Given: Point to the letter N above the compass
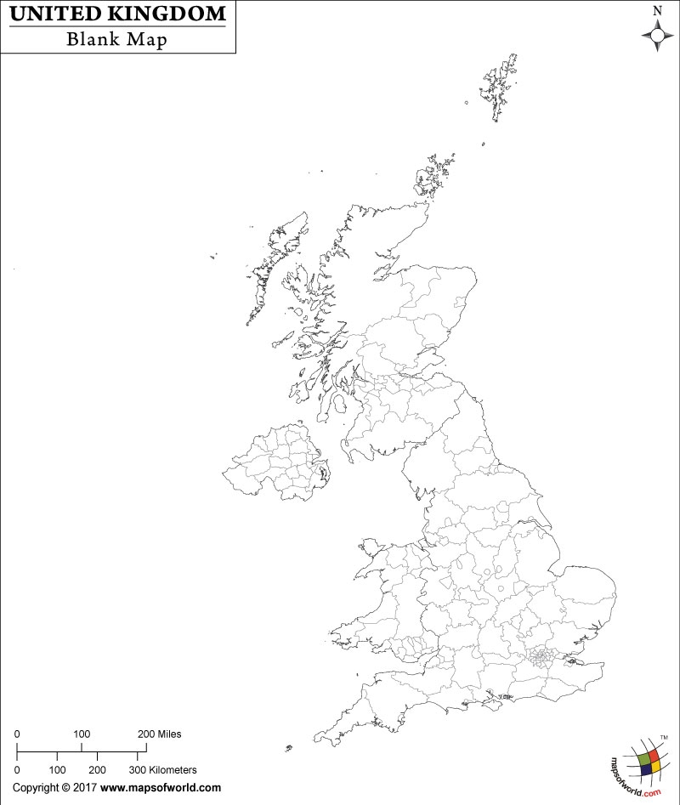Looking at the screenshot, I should [656, 10].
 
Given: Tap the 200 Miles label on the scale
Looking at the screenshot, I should [159, 734].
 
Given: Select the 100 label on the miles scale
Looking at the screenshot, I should [82, 734].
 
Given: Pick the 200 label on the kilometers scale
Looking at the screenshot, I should [97, 769].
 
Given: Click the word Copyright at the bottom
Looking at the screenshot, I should [37, 788].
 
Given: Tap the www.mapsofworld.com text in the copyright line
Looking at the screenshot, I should [161, 788].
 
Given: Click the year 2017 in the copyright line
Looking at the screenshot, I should [85, 788].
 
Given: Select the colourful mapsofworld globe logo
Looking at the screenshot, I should [645, 759].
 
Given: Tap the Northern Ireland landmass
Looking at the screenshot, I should [276, 462].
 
